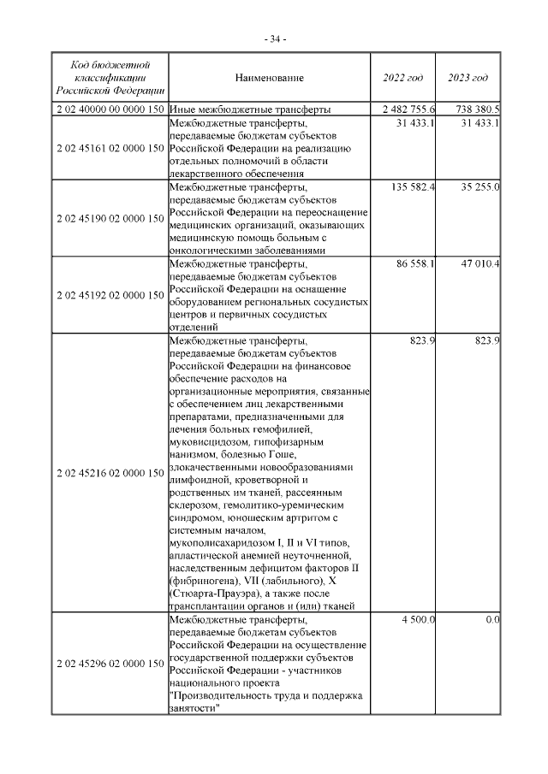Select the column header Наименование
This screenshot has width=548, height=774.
click(x=269, y=79)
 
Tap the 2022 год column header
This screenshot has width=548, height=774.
click(x=402, y=79)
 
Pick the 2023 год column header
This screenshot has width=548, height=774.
click(x=468, y=79)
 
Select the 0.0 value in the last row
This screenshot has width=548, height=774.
click(x=491, y=619)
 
